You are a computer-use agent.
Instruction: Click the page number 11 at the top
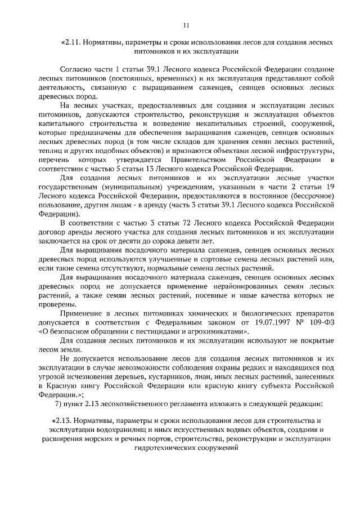pyautogui.click(x=187, y=25)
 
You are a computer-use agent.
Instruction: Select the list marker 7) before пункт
pyautogui.click(x=64, y=404)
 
